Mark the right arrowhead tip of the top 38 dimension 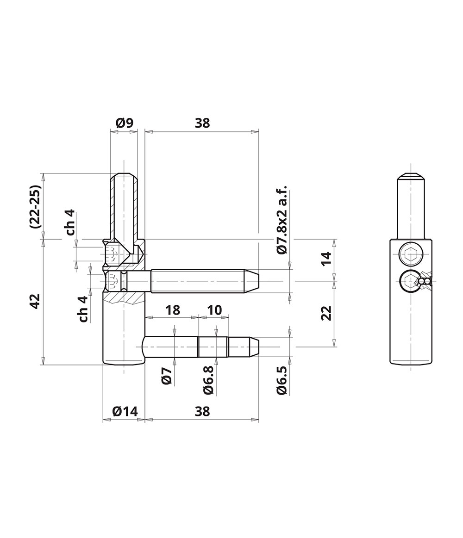tap(259, 131)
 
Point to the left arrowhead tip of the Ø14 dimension tap(103, 419)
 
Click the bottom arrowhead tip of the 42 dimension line tap(43, 365)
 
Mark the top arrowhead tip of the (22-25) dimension tap(43, 173)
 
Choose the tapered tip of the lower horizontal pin tap(253, 347)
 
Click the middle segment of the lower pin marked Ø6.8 tap(213, 347)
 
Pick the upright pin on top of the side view tap(410, 205)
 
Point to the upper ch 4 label tap(70, 223)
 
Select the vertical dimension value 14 tap(326, 258)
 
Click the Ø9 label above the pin tap(125, 123)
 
